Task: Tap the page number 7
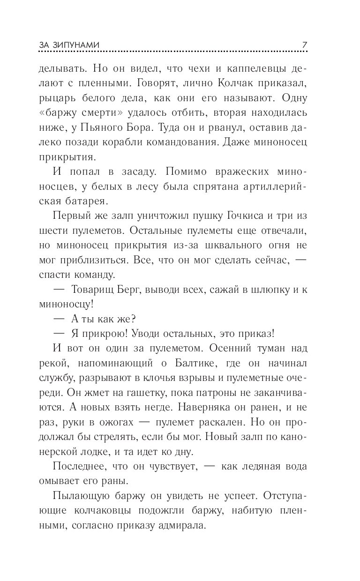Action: (x=304, y=45)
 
